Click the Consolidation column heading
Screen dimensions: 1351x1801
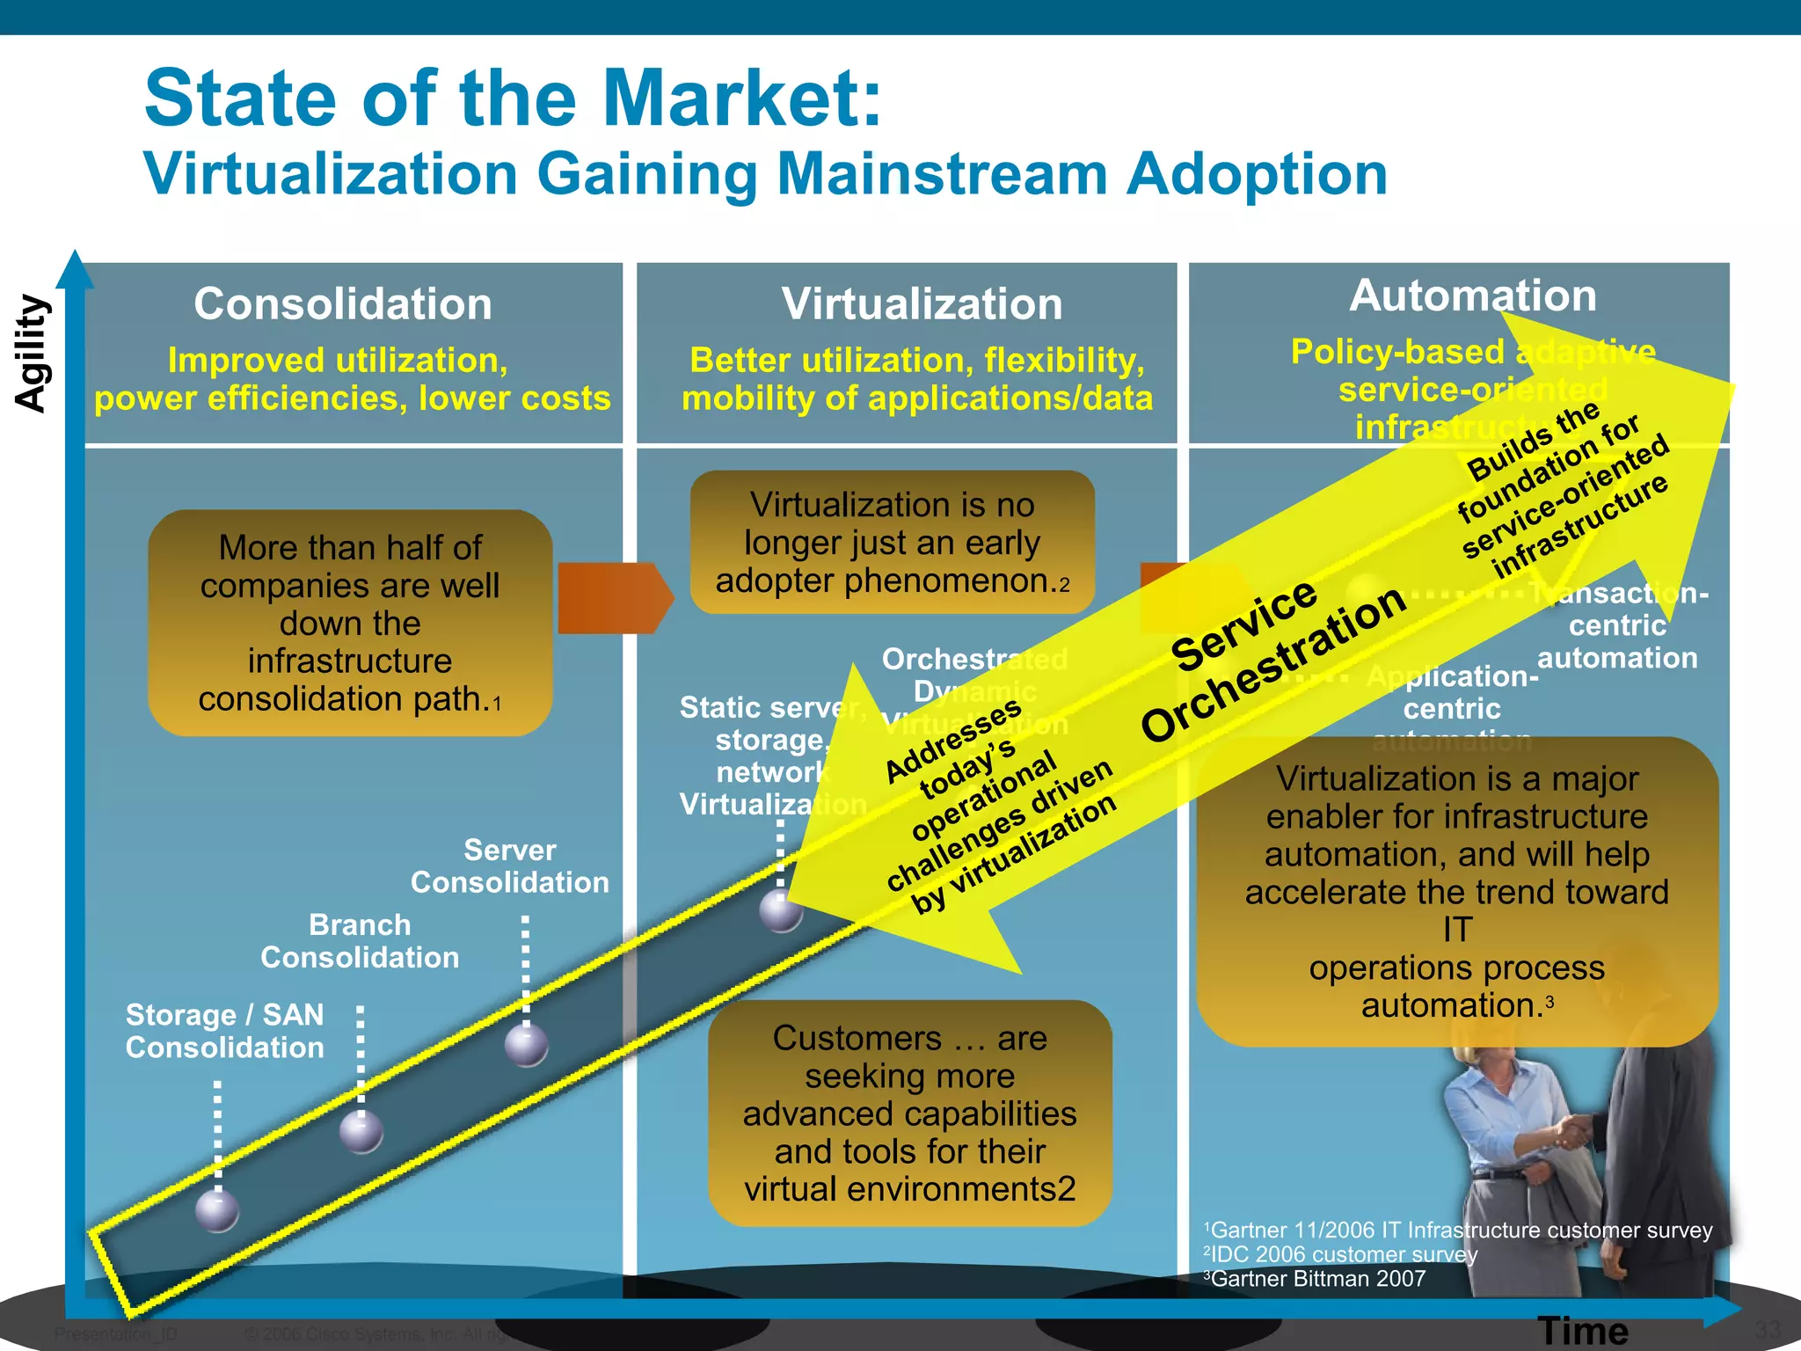pos(343,304)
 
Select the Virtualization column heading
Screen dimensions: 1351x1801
pos(922,304)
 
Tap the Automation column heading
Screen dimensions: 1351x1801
pos(1473,296)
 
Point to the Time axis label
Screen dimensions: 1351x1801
pos(1583,1331)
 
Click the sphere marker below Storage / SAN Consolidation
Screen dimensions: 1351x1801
pos(217,1211)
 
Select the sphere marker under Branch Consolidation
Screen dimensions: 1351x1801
pos(361,1131)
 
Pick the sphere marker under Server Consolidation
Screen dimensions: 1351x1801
pos(527,1046)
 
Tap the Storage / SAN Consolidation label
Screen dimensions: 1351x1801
pos(225,1031)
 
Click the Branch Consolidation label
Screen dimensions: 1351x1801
pos(360,941)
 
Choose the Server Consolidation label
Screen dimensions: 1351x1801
pos(510,866)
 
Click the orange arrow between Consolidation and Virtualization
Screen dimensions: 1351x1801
pos(614,598)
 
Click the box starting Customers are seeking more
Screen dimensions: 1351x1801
pos(910,1113)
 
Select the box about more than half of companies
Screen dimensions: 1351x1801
pos(350,623)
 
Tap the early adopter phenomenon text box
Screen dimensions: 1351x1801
pos(892,543)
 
